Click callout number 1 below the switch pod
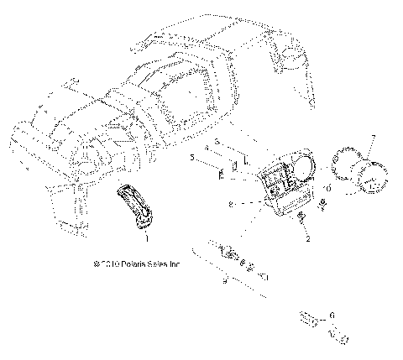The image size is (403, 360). (148, 238)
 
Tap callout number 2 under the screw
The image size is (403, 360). (307, 239)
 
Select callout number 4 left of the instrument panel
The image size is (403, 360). (207, 147)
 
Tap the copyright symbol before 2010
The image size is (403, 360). (99, 263)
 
